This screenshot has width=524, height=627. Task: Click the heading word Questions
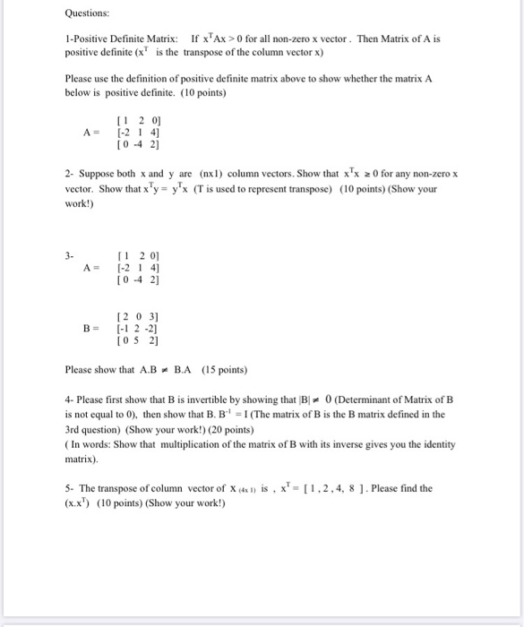[x=87, y=13]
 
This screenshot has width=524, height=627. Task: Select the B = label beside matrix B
[x=90, y=328]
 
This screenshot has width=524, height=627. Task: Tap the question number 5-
[x=69, y=488]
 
